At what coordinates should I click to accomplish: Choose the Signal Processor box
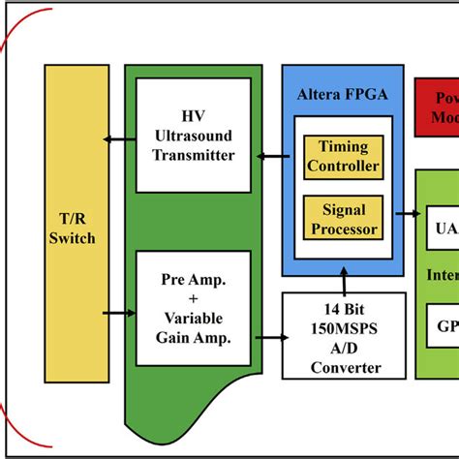(343, 218)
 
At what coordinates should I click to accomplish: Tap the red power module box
(437, 107)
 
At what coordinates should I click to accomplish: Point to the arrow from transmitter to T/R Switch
(118, 139)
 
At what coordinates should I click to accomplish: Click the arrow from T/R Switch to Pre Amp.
(118, 312)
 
